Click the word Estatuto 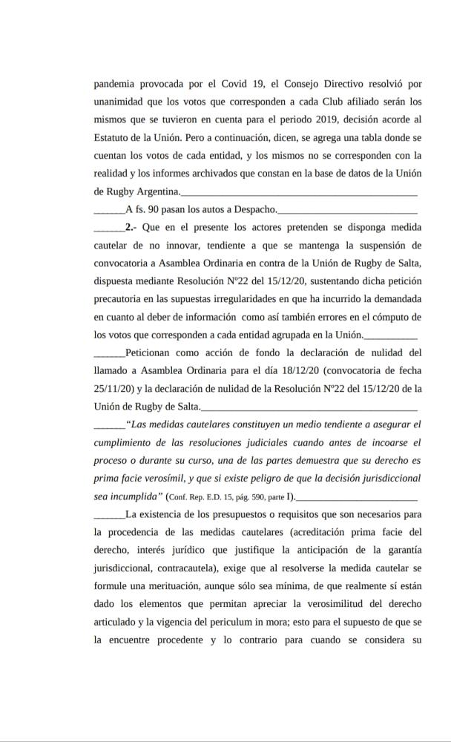(x=116, y=137)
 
